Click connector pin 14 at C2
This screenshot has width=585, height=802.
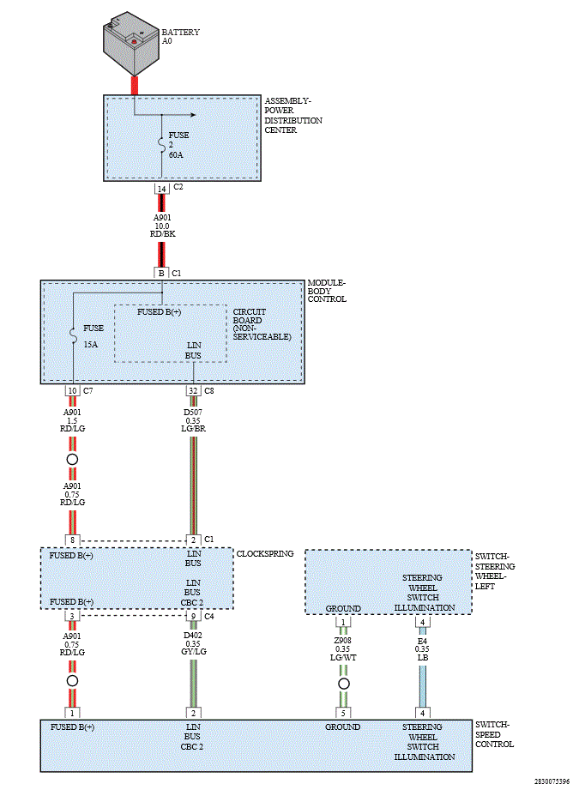click(161, 188)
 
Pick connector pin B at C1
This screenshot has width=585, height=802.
click(161, 273)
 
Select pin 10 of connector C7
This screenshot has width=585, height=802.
click(73, 391)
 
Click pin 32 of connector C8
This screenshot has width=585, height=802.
click(193, 391)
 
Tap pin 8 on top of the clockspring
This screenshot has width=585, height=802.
click(73, 540)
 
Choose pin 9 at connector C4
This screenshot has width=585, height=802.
click(193, 616)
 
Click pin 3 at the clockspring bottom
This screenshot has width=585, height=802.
click(73, 616)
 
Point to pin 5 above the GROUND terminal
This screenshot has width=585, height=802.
click(343, 712)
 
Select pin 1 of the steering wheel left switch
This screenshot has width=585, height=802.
click(343, 622)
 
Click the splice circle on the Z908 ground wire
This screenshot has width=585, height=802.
click(343, 684)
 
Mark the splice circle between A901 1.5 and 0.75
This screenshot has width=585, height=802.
click(73, 460)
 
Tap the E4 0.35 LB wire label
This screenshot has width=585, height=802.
click(422, 648)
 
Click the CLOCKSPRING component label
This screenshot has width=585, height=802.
click(264, 554)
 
